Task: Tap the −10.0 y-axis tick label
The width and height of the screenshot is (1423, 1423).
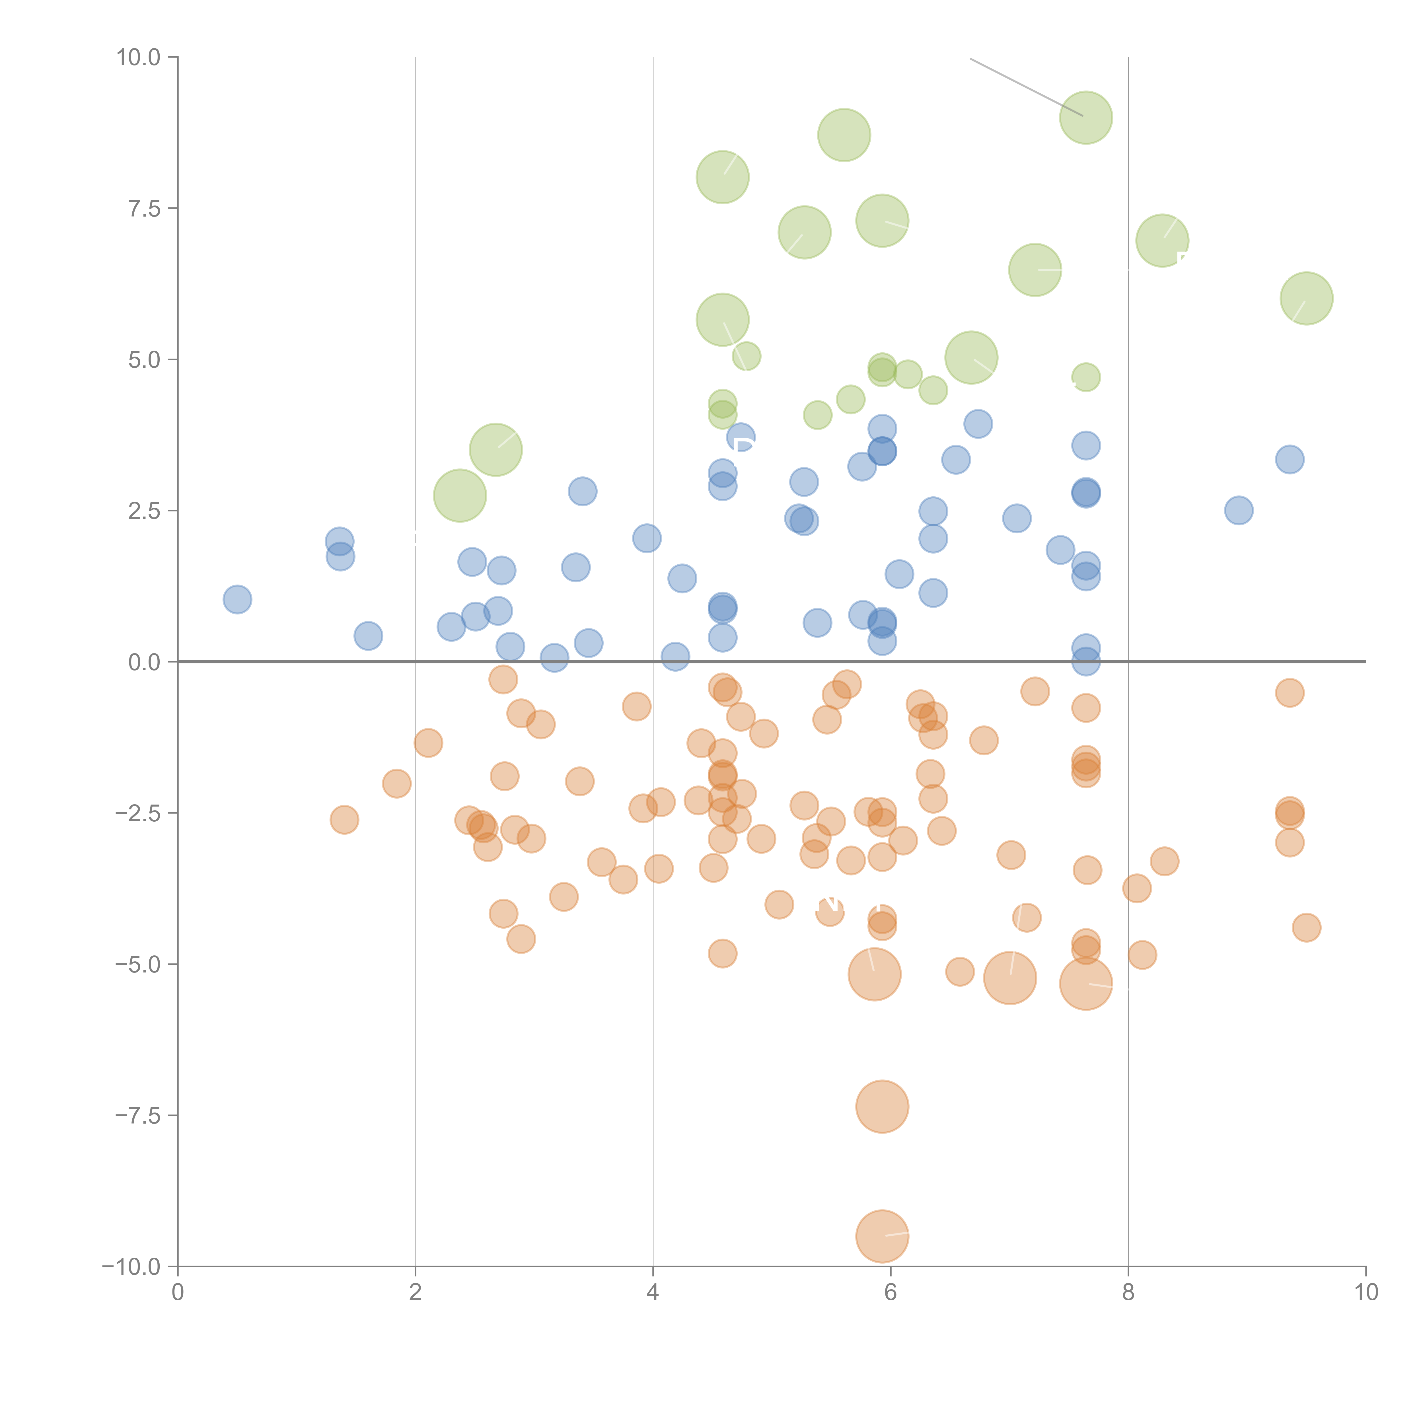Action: click(131, 1267)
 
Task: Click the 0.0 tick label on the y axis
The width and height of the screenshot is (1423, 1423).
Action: click(144, 662)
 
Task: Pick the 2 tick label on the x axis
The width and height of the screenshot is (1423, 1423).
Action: click(416, 1293)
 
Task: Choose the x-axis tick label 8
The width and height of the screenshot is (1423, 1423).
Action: click(1128, 1293)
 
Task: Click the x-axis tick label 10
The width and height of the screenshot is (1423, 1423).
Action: click(1366, 1293)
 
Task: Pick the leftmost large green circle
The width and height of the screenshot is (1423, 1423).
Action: click(460, 496)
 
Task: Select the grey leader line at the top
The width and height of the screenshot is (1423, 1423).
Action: click(1026, 87)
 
